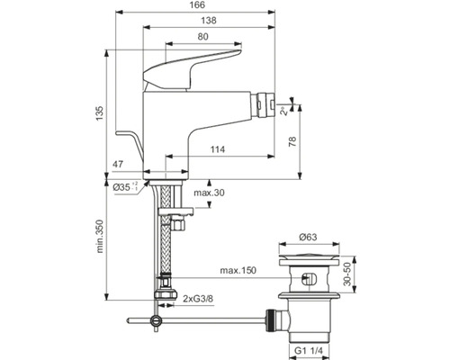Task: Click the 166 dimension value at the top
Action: tap(197, 5)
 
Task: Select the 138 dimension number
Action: tap(209, 21)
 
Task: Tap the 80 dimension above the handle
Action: tap(203, 37)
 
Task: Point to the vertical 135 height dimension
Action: tap(100, 113)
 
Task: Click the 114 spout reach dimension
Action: tap(218, 149)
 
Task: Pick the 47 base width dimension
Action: tap(118, 165)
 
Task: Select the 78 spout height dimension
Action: tap(292, 141)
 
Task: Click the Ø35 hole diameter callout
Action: tap(125, 187)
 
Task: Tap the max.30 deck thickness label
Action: tap(209, 193)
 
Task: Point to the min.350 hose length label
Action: tap(100, 237)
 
